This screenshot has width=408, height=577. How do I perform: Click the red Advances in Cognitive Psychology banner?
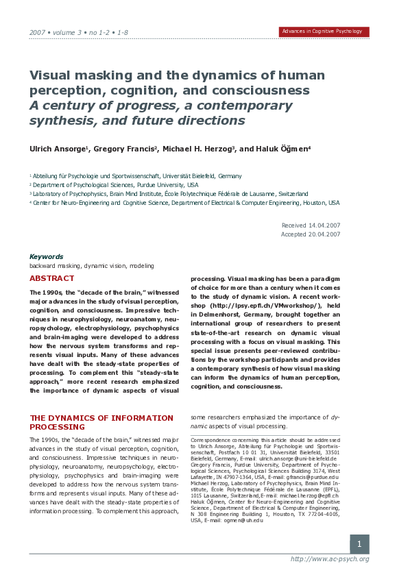(x=324, y=32)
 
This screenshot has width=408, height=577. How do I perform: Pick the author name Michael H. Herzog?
(x=199, y=149)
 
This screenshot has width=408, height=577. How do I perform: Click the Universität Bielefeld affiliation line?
(x=137, y=176)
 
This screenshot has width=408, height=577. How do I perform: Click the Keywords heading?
(x=46, y=256)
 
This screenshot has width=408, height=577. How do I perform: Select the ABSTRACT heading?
(x=51, y=278)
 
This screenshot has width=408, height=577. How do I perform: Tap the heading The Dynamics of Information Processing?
(x=101, y=421)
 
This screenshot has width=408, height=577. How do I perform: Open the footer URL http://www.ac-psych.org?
(x=330, y=559)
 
